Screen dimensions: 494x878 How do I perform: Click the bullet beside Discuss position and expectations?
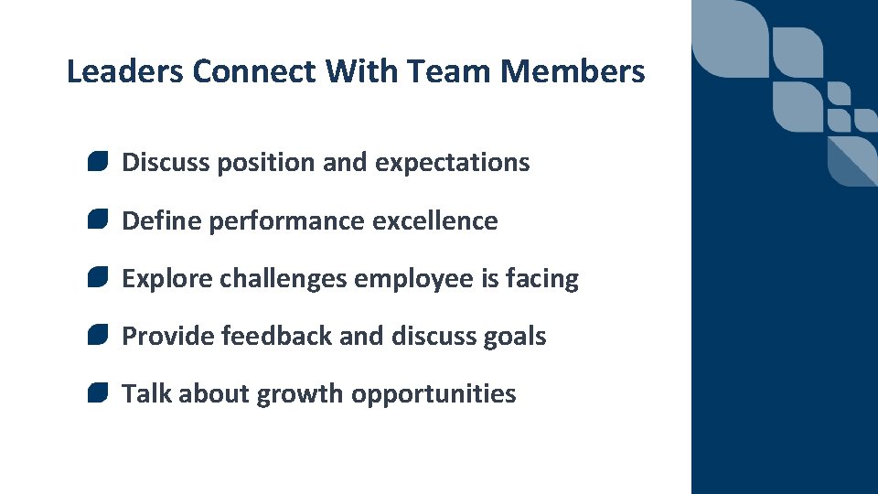pos(99,162)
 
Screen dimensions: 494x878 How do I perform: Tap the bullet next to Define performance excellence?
pos(99,220)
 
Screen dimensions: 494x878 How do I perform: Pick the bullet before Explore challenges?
pos(99,278)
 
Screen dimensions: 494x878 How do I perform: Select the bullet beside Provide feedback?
pos(99,336)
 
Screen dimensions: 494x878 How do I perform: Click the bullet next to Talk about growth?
pos(99,393)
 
